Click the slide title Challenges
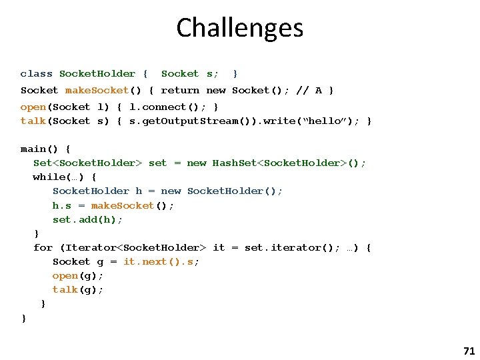240,28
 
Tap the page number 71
468,351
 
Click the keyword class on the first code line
36,74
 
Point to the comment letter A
319,91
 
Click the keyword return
180,91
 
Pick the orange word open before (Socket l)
33,107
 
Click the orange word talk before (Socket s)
33,121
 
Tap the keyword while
49,177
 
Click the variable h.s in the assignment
63,205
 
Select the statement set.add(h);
88,219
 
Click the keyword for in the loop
43,248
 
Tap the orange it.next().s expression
161,262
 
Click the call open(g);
78,276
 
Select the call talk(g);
78,290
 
